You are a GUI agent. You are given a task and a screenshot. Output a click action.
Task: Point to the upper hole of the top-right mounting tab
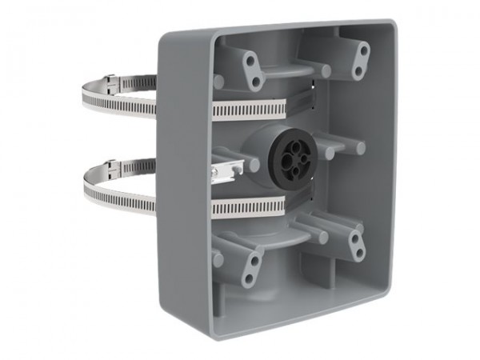(364, 50)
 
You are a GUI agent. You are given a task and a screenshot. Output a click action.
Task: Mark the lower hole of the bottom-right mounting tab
(359, 254)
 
